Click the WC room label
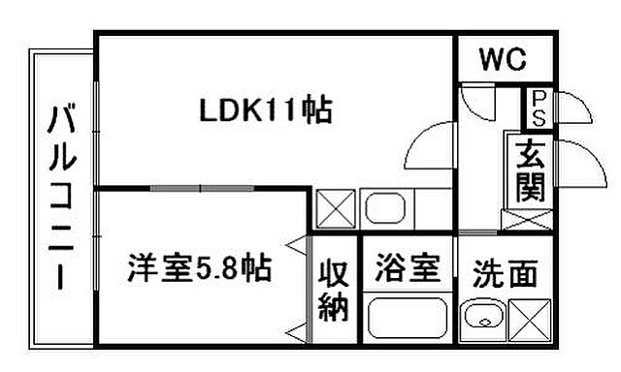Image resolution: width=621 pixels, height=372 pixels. tap(503, 60)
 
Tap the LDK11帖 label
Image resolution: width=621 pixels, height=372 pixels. tap(266, 110)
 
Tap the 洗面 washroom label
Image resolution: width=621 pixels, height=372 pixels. tap(505, 274)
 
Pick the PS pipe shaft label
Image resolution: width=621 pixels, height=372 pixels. tap(536, 108)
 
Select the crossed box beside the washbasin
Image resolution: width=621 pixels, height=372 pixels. tap(529, 319)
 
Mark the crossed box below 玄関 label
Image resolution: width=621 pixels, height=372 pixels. tap(526, 219)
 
